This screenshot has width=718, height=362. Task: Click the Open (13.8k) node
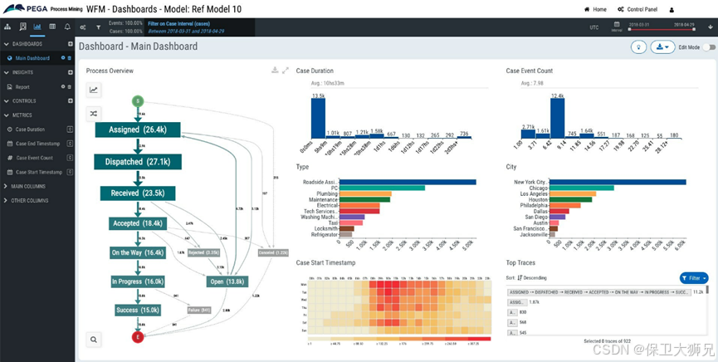(x=227, y=282)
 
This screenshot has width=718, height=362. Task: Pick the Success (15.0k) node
(x=138, y=311)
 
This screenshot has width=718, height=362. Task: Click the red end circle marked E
(x=138, y=336)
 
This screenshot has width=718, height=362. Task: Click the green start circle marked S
(x=138, y=100)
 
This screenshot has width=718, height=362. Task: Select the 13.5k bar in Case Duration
(x=317, y=119)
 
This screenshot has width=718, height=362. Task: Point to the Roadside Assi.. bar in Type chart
(x=408, y=182)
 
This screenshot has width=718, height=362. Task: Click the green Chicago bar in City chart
(x=581, y=188)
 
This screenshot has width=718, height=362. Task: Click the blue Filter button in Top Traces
(x=694, y=278)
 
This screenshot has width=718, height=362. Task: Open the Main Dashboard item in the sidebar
(x=32, y=58)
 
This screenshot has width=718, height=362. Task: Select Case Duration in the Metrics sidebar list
(x=32, y=130)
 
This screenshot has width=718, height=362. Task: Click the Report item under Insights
(x=22, y=86)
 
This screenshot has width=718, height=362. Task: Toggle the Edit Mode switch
(x=708, y=47)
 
